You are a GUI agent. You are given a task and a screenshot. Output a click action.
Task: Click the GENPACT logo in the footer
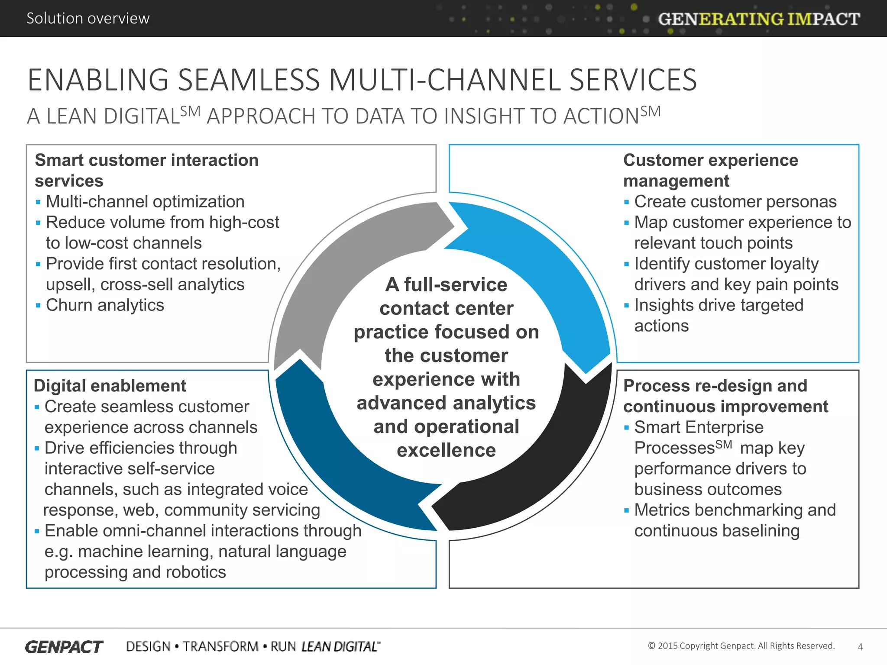point(64,647)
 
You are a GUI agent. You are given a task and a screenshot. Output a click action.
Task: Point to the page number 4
point(860,647)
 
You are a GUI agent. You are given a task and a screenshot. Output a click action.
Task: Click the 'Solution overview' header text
point(88,18)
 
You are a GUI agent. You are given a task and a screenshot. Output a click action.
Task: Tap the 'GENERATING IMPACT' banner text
point(759,19)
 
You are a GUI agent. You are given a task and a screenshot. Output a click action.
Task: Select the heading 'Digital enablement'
point(110,386)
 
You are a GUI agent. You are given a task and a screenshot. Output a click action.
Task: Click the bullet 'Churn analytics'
point(105,305)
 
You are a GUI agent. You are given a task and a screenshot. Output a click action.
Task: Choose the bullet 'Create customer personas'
point(735,202)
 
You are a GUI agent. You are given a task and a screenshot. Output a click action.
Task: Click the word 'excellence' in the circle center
point(446,450)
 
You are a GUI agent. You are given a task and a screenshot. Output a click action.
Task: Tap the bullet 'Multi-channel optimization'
point(145,202)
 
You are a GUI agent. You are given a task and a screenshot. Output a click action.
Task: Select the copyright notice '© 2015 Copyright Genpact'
point(741,646)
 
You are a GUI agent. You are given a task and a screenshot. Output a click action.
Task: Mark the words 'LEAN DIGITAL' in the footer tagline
point(340,647)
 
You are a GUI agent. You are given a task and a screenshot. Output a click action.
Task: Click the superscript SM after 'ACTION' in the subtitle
point(651,112)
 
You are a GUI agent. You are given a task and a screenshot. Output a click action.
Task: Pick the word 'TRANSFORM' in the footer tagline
point(220,647)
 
